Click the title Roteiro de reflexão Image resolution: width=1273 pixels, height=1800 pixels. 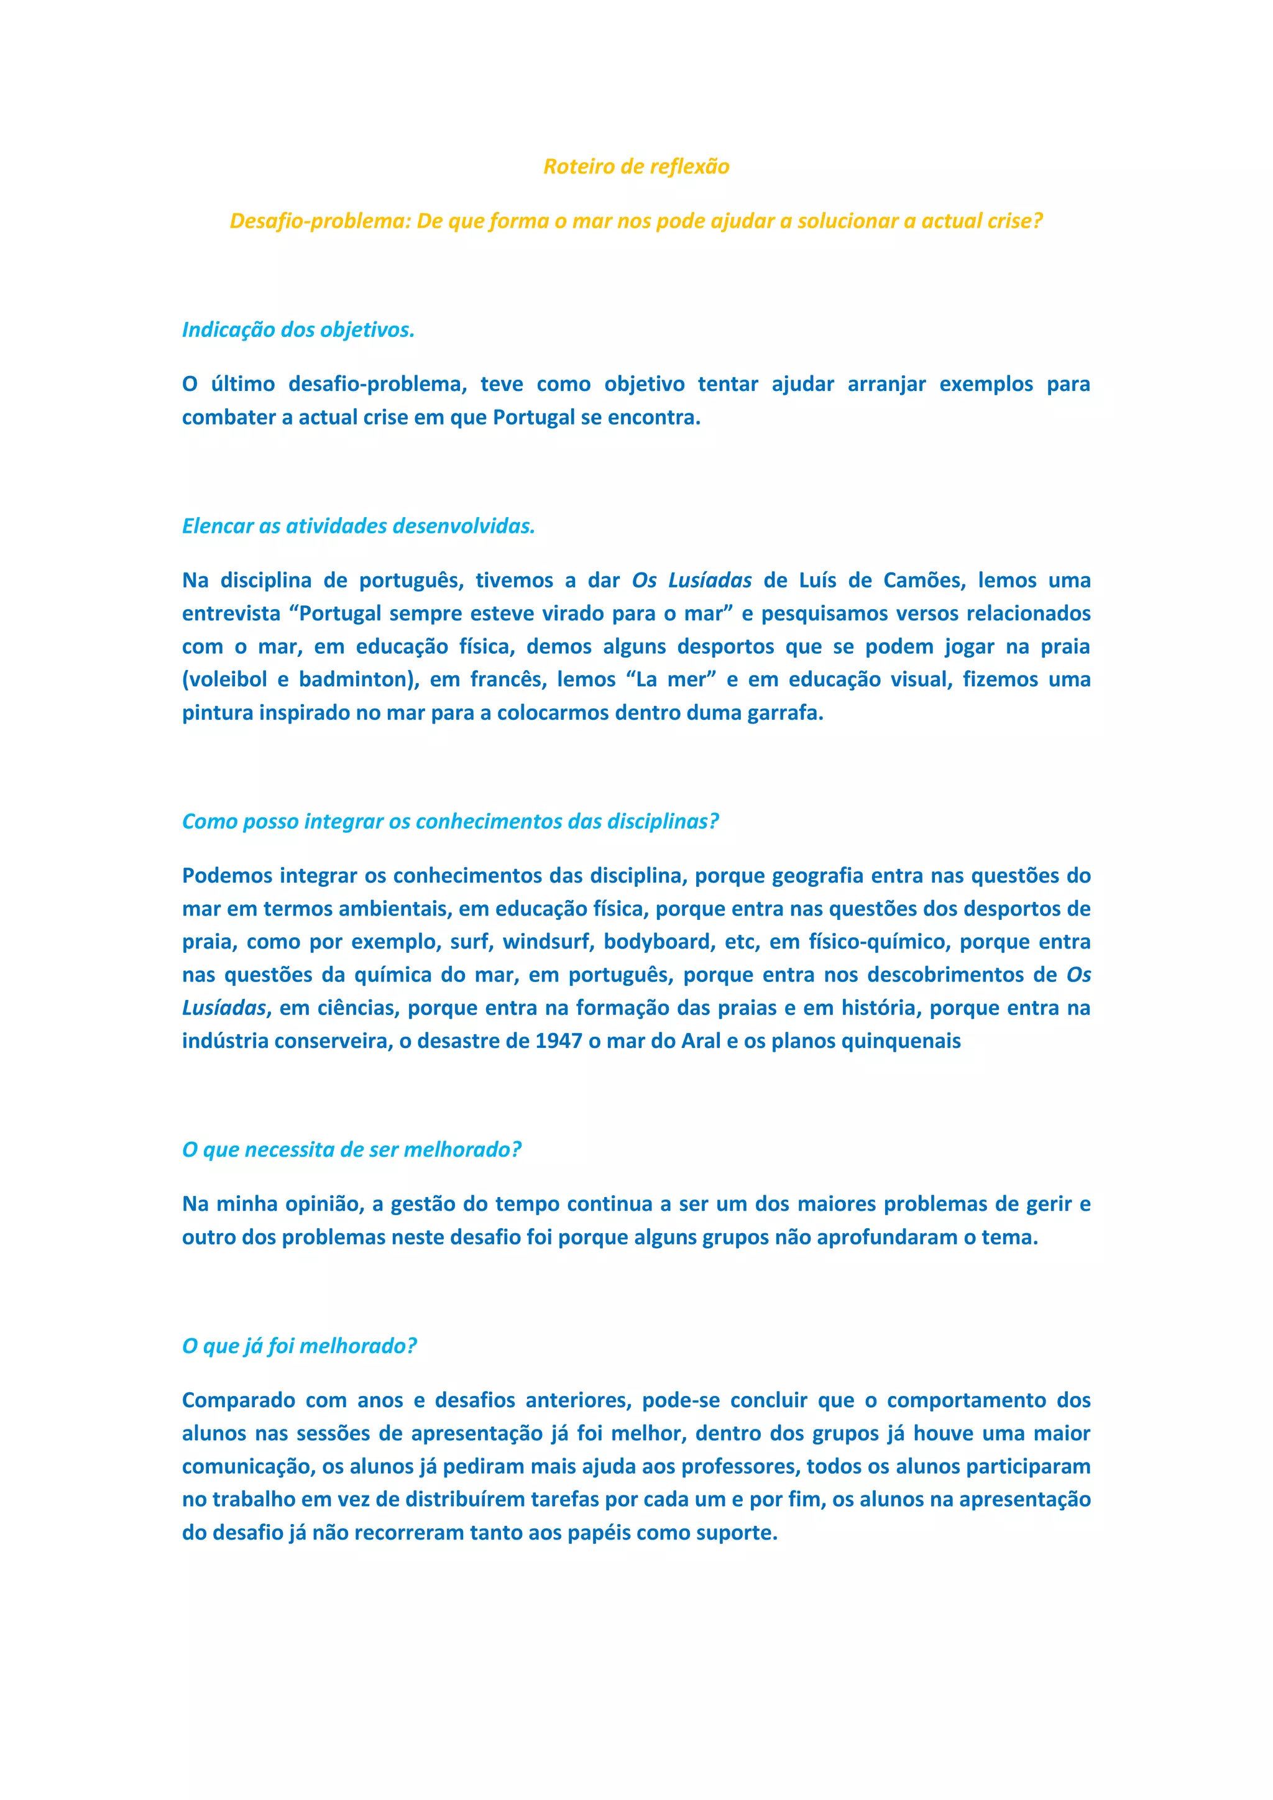coord(636,166)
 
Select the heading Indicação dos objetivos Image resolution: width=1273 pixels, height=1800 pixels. coord(298,330)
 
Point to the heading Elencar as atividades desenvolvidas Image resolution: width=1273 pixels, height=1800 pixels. coord(358,526)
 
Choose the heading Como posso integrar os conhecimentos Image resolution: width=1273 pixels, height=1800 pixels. coord(450,822)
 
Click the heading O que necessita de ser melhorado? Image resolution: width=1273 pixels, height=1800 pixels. coord(351,1150)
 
